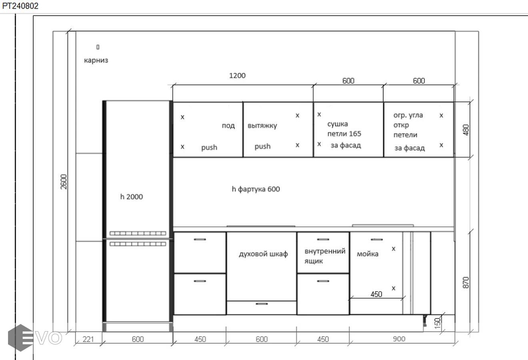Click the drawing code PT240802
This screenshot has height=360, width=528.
point(20,6)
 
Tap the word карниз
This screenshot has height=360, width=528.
point(96,60)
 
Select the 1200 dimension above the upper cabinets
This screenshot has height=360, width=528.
point(237,76)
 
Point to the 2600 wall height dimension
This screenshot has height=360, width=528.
point(64,182)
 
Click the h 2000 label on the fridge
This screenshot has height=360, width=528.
point(132,197)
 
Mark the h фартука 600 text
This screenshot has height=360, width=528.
point(256,189)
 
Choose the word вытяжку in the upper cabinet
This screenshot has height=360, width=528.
point(262,126)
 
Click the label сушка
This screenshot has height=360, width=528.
point(338,124)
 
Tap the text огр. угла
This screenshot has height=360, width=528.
point(408,115)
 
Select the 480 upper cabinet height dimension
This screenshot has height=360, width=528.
point(466,130)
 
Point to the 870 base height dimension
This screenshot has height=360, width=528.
point(466,282)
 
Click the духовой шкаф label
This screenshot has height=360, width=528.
point(263,254)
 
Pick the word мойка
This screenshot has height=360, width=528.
point(368,254)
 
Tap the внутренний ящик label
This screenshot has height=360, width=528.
point(325,256)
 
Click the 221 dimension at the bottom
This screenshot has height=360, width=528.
point(88,339)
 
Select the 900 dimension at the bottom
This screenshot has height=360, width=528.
point(399,339)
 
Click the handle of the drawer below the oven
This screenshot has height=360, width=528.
point(262,304)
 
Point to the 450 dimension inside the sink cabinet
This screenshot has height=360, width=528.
point(376,294)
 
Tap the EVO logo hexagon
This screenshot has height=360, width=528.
point(21,338)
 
